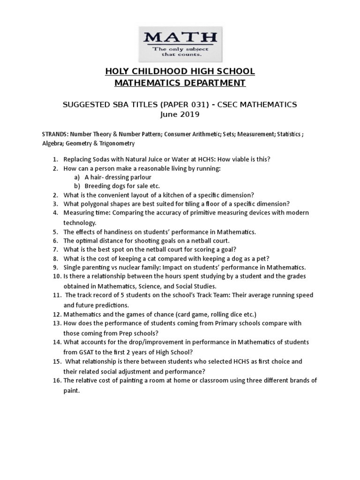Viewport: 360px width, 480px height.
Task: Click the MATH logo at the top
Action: point(180,42)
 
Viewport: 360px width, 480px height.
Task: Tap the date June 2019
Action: point(180,114)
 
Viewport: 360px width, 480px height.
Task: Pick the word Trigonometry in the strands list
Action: point(117,143)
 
